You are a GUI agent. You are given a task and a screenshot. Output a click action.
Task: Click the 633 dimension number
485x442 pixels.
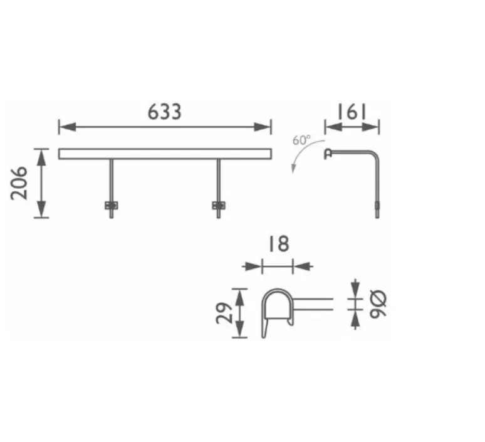tap(164, 112)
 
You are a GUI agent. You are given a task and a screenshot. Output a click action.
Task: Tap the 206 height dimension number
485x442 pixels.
tap(19, 183)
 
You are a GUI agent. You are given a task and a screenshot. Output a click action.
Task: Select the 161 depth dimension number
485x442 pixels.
tap(352, 112)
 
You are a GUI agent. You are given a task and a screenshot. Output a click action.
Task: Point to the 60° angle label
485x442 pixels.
tap(301, 140)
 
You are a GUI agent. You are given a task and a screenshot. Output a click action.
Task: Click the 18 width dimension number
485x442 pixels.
tap(279, 244)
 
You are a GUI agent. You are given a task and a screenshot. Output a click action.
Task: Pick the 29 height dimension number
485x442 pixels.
tap(224, 313)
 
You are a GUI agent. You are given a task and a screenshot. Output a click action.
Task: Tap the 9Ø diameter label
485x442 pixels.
tap(378, 304)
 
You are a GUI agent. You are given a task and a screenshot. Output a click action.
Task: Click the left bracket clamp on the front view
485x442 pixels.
tap(112, 206)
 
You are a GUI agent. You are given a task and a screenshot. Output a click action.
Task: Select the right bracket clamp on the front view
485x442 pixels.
tap(218, 206)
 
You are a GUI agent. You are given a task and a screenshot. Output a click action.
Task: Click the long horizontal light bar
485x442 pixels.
tap(165, 154)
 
